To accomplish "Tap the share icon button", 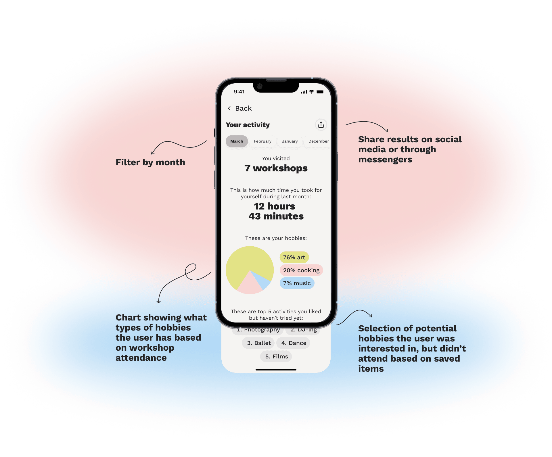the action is [x=321, y=125].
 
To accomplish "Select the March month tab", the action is [x=237, y=141].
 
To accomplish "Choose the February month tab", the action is [x=262, y=141].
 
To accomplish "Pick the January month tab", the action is [x=290, y=141].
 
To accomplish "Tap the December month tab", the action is [x=318, y=141].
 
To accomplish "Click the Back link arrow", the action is [x=229, y=108].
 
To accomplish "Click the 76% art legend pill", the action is [x=294, y=257].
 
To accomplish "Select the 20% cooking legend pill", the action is [x=301, y=270].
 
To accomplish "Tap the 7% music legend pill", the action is [x=297, y=283].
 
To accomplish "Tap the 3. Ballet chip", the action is [x=259, y=343].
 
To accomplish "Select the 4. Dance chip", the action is [x=294, y=343].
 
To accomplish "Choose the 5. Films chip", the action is [x=276, y=356].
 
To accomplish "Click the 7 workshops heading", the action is [x=276, y=168].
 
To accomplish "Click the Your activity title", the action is [x=248, y=125].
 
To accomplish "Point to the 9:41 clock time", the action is [x=239, y=92].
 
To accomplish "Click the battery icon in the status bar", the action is [x=320, y=92].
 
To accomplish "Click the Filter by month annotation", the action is [x=150, y=162].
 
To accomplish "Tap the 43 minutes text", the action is [x=276, y=216].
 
